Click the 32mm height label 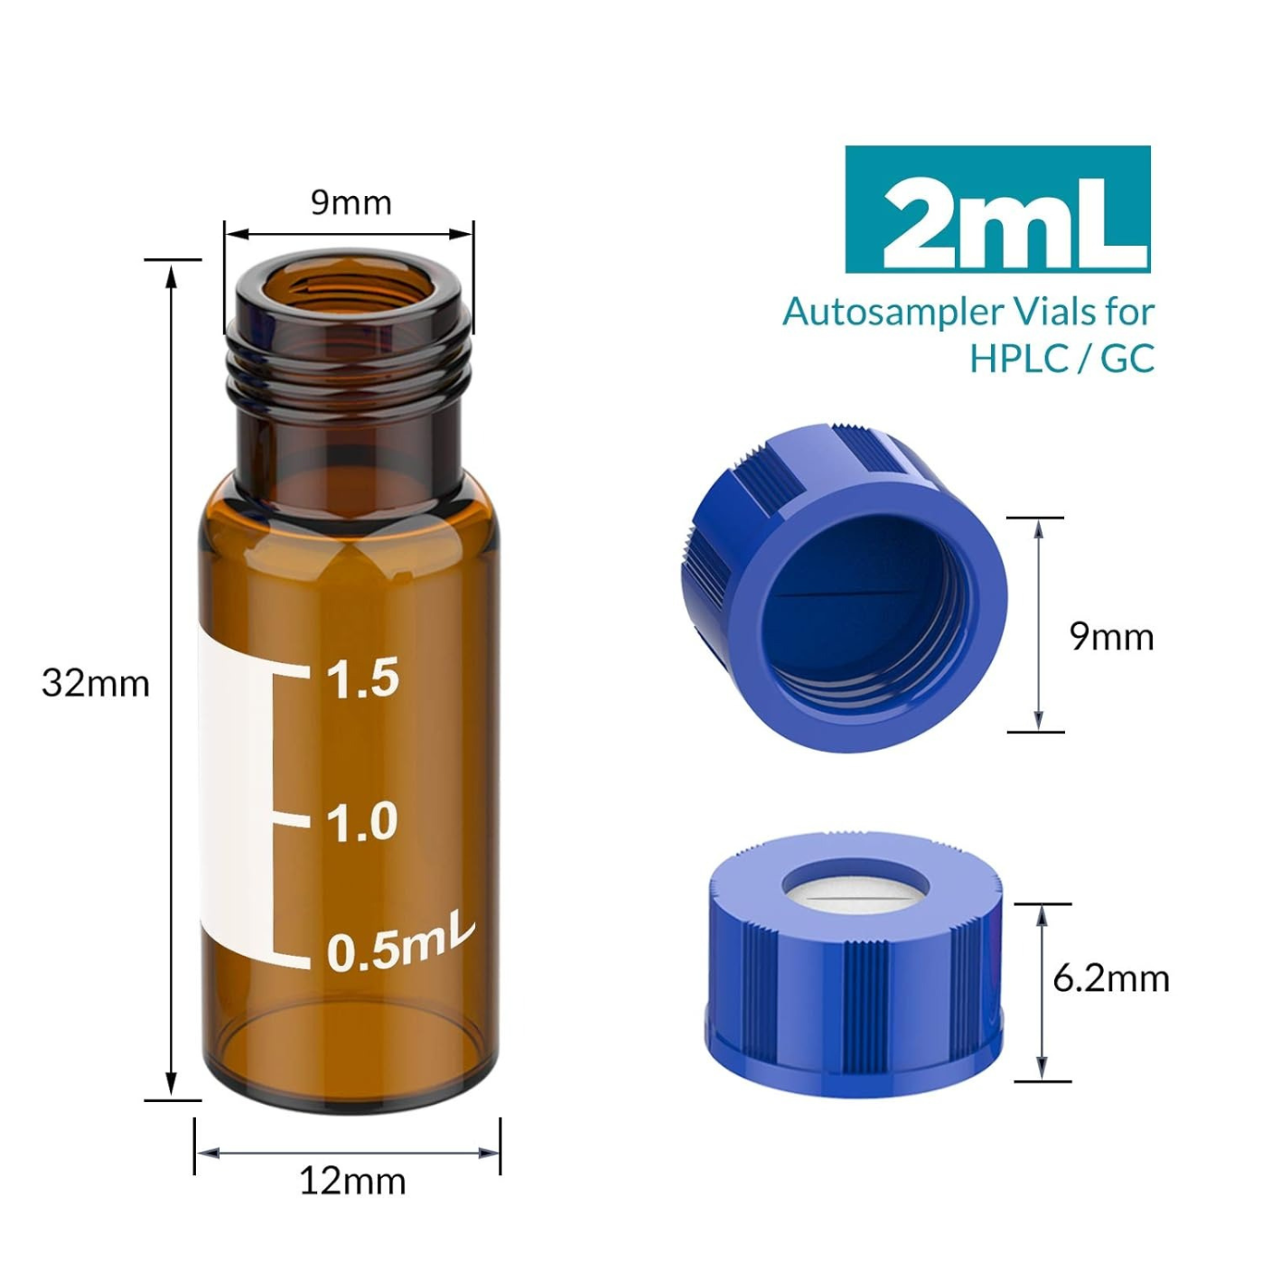[96, 683]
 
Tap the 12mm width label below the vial [352, 1181]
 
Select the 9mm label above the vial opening [351, 202]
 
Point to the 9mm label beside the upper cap [1111, 637]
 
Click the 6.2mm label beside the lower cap [1110, 978]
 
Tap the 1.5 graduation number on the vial [362, 678]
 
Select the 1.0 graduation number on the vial [361, 822]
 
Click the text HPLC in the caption [1016, 359]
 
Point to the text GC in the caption [1128, 359]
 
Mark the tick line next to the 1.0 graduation [292, 819]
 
